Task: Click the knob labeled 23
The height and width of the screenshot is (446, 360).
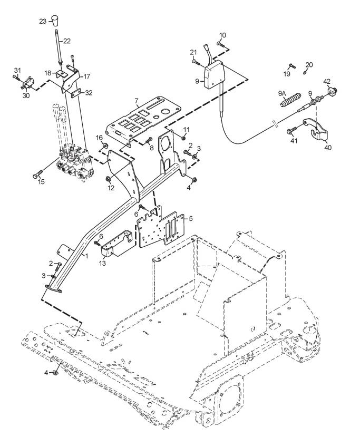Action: click(x=55, y=21)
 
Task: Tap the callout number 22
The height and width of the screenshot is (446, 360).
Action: click(x=67, y=41)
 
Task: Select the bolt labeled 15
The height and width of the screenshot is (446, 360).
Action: click(x=37, y=174)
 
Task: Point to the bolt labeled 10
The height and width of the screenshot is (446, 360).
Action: click(x=221, y=44)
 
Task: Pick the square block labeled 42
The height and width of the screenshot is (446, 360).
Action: click(x=332, y=92)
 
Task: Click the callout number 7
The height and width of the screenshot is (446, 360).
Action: click(x=136, y=100)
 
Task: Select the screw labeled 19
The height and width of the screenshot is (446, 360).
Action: click(x=292, y=66)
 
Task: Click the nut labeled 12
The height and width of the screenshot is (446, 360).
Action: click(x=108, y=179)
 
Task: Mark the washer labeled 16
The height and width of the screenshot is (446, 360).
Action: click(x=105, y=146)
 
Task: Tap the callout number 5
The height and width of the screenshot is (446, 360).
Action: click(x=191, y=218)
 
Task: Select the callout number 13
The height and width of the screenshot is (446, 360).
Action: click(x=102, y=264)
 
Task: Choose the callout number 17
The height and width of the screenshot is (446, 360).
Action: click(x=87, y=76)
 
